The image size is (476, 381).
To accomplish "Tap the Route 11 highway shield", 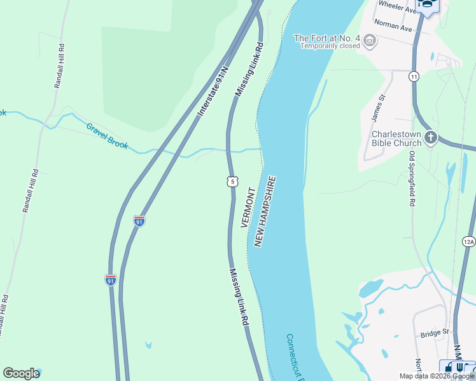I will coord(414,76).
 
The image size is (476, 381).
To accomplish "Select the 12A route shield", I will coord(468,241).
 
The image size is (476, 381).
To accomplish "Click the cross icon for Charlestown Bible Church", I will coord(431,137).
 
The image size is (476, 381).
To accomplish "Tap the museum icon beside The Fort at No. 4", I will coord(369,41).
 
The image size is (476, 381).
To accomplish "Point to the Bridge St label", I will coord(435,333).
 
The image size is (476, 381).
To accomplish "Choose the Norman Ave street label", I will coord(394,25).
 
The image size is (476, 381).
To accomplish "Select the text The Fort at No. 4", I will coord(326,38).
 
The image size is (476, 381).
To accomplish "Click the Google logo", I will coord(21,373).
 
